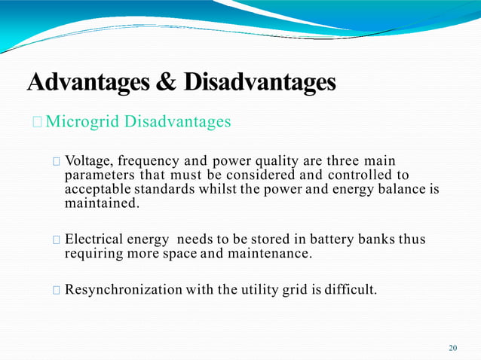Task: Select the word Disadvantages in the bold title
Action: click(x=256, y=81)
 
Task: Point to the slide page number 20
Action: click(x=452, y=348)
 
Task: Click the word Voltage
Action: click(x=89, y=161)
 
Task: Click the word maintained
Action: click(x=102, y=203)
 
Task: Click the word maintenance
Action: click(x=270, y=253)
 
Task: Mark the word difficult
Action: click(x=350, y=289)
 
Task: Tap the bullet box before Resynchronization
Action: click(x=57, y=290)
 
